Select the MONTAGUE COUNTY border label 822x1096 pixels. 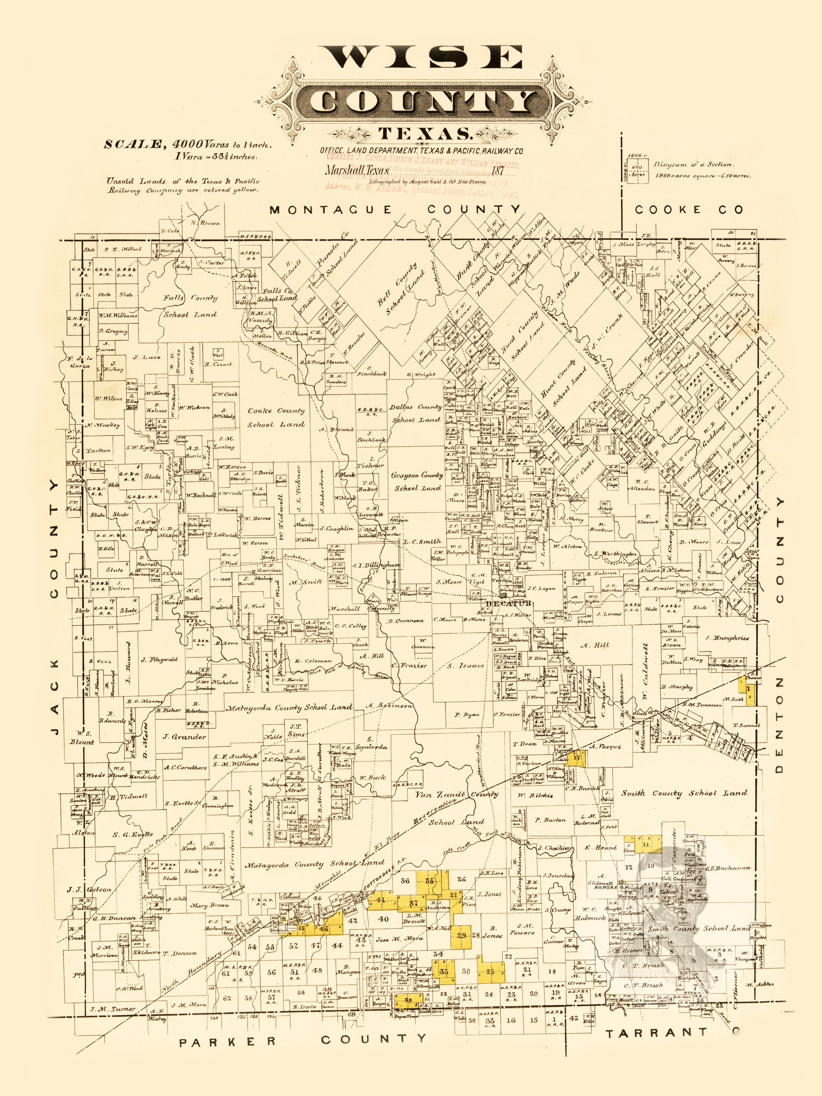(x=395, y=210)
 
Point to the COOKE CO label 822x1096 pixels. (x=689, y=210)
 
